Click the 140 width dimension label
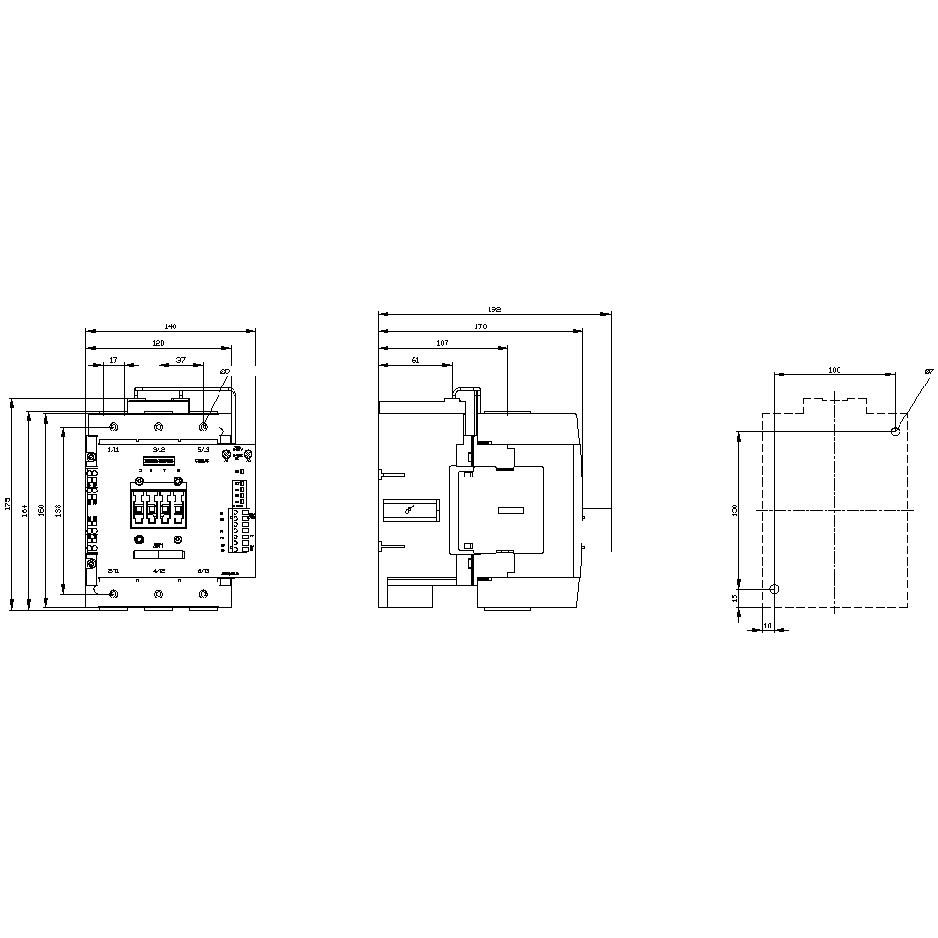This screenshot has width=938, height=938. click(x=170, y=326)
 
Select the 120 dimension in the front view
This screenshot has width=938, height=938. click(x=159, y=344)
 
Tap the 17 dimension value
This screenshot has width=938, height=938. click(x=113, y=360)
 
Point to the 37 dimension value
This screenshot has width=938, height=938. click(x=181, y=360)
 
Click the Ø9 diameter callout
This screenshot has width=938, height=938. click(x=225, y=372)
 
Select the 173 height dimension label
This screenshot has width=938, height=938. click(x=8, y=504)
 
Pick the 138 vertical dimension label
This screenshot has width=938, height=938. click(x=58, y=510)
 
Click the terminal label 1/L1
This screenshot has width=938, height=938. click(x=113, y=450)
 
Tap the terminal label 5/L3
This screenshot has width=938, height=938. click(x=203, y=450)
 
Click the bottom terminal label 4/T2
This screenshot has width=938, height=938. click(x=159, y=570)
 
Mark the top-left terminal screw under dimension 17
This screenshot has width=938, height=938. click(x=114, y=428)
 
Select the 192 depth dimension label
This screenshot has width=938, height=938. click(x=494, y=310)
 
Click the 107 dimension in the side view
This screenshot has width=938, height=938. click(x=443, y=343)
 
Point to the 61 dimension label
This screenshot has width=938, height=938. click(x=415, y=360)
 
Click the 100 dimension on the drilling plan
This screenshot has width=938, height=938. click(x=834, y=370)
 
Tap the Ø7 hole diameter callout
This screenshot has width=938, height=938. click(x=928, y=372)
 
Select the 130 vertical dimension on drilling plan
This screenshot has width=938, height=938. click(x=735, y=509)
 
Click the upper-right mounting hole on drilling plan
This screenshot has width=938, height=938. click(x=896, y=431)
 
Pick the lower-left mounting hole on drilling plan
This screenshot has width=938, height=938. click(x=773, y=589)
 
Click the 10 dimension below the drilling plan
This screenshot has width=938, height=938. click(x=767, y=625)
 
